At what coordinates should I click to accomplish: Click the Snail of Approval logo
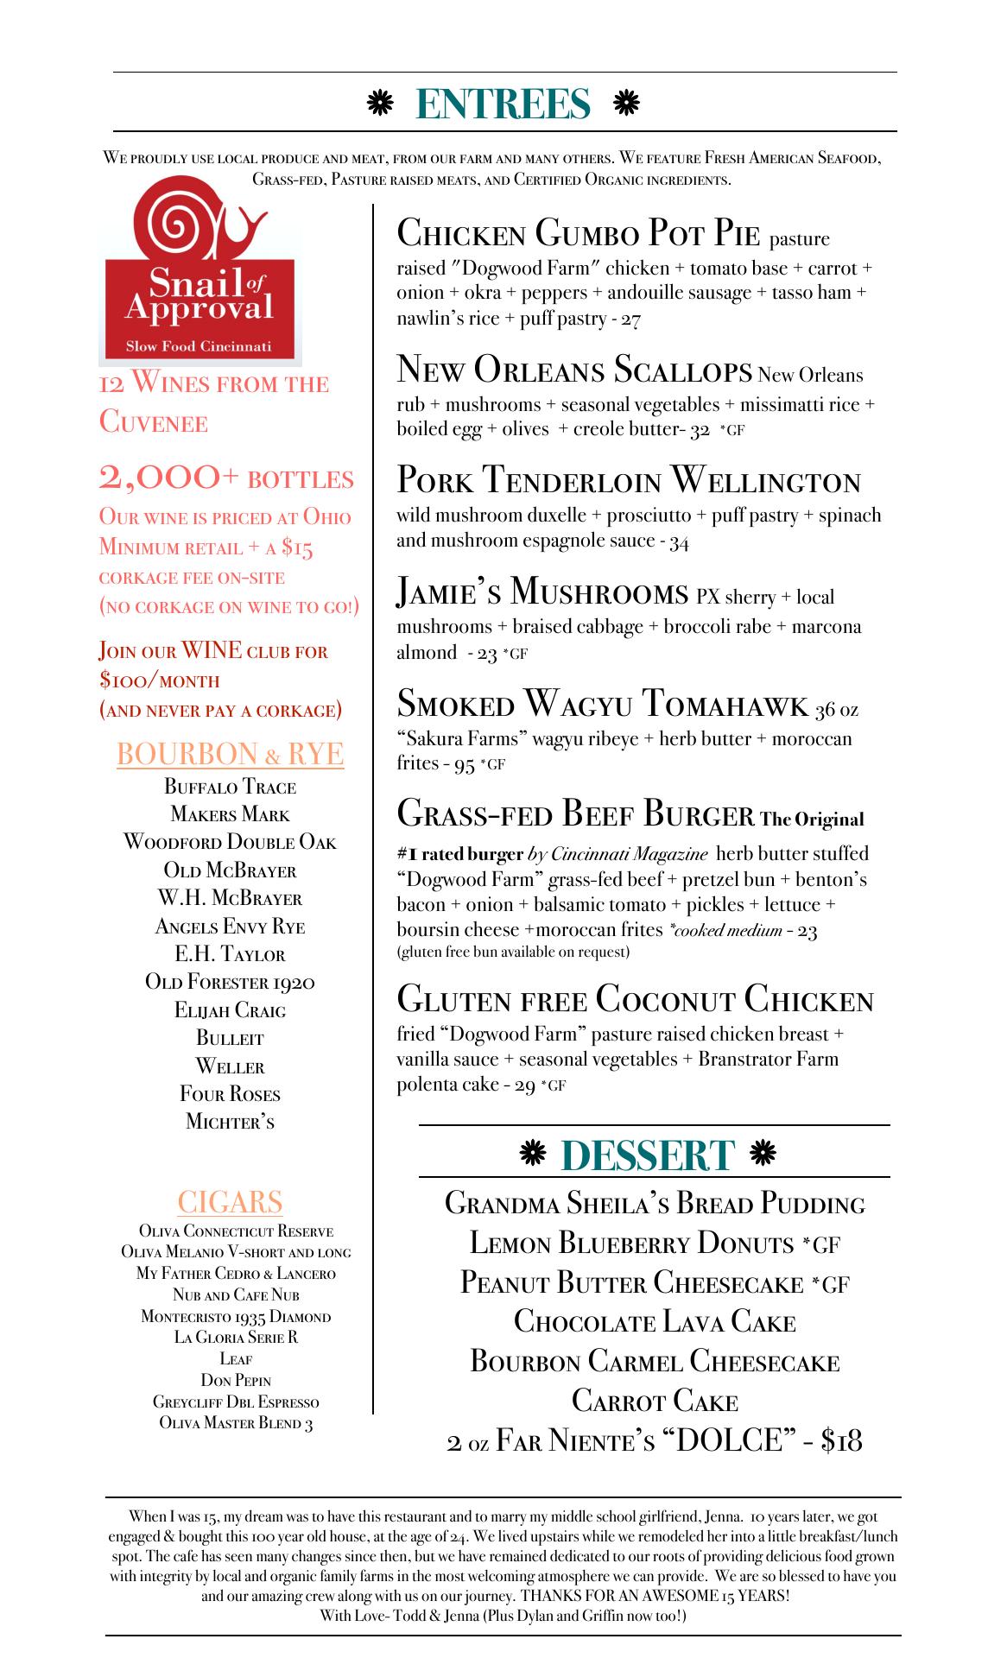(199, 274)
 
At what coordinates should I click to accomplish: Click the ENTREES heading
(503, 104)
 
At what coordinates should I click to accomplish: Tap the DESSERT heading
(648, 1155)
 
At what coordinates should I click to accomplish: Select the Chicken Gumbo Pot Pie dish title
(578, 233)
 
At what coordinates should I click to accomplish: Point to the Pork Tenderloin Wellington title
(628, 480)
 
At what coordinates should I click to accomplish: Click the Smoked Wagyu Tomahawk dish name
(603, 705)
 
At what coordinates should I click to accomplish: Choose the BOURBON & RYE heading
(230, 754)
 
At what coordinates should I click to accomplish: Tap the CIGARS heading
(230, 1201)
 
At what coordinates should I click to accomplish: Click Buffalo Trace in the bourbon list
(230, 787)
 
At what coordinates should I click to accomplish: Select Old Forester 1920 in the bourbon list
(230, 982)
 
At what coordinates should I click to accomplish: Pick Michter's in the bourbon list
(230, 1122)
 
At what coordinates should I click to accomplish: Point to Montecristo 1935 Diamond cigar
(236, 1317)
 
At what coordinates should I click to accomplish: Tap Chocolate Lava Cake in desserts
(655, 1321)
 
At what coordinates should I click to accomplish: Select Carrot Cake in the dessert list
(655, 1400)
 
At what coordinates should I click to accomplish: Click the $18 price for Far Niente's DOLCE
(841, 1440)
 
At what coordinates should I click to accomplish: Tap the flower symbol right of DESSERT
(763, 1153)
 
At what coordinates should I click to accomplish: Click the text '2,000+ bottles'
(226, 478)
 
